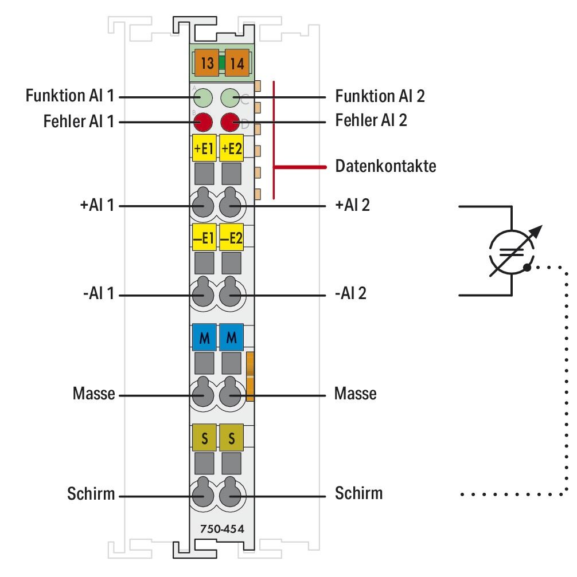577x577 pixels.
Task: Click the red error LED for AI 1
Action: coord(202,122)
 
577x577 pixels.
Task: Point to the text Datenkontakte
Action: coord(385,167)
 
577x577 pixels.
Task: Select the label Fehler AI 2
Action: coord(371,121)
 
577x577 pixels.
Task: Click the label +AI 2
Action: coord(352,205)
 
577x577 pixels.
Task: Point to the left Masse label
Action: coord(93,394)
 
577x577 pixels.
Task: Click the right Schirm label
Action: coord(358,493)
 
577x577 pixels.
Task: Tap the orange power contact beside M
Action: coord(249,376)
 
